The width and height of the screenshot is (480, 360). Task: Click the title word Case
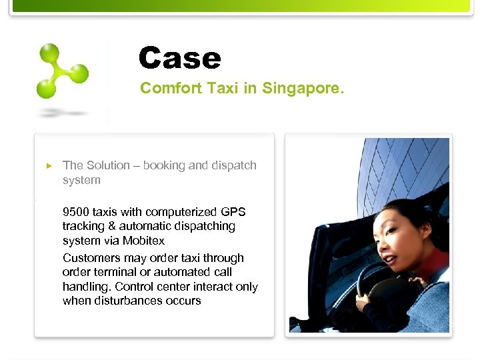click(x=179, y=58)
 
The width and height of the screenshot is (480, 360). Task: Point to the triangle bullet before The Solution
click(x=48, y=165)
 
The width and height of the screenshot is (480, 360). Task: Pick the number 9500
click(x=76, y=212)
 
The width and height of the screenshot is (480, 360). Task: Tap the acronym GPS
click(x=233, y=212)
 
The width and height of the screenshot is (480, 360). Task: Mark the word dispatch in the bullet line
click(x=235, y=165)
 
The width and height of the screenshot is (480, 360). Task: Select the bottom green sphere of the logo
click(x=45, y=88)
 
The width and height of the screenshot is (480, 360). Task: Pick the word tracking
click(x=82, y=227)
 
